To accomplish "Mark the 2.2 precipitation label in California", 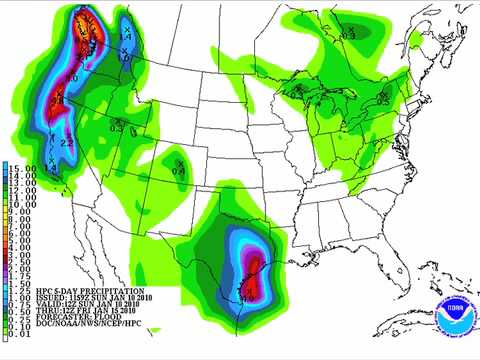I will [66, 144].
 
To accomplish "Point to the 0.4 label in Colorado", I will [179, 171].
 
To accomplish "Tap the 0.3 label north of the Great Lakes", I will [349, 35].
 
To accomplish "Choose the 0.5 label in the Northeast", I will [383, 101].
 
